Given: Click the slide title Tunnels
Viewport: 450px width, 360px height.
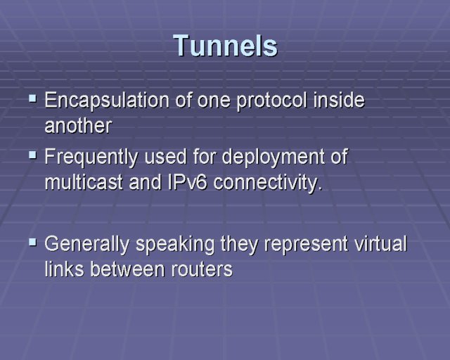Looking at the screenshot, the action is pos(226,46).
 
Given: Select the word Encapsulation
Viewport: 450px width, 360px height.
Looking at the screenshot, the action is pos(107,101).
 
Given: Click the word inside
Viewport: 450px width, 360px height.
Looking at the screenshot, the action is pos(339,100).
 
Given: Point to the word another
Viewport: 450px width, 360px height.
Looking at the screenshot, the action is pos(78,126).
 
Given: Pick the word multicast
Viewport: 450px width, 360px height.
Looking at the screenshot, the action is pos(84,182).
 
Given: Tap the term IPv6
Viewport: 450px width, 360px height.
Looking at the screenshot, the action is pos(187,182).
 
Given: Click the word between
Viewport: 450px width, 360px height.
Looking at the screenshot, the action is pos(128,269).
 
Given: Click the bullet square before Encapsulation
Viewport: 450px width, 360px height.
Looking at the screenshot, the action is pos(33,99).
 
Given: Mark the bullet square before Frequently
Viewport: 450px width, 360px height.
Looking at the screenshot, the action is pos(33,155).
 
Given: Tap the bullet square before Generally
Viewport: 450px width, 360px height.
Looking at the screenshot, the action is pos(33,243).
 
